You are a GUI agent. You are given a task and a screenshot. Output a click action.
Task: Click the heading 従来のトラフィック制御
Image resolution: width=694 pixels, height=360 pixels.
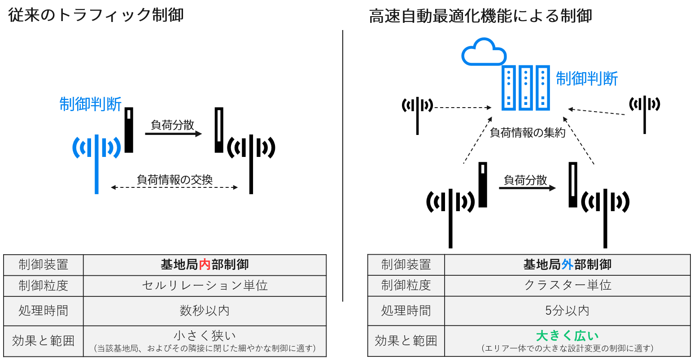tap(96, 15)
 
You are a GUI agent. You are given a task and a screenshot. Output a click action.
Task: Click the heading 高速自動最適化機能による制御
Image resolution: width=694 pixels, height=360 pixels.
tap(480, 16)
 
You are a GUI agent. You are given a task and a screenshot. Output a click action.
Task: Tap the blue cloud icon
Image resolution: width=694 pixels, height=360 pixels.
tap(484, 52)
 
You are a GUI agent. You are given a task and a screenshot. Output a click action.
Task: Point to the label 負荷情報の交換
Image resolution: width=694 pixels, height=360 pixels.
tap(175, 180)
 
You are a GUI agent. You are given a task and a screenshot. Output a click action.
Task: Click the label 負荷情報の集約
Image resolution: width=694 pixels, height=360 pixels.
tap(527, 133)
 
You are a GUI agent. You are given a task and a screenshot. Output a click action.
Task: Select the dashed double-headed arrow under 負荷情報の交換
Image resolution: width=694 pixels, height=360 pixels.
tap(175, 187)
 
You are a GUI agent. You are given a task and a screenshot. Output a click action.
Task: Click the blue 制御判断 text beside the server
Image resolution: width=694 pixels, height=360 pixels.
tap(587, 79)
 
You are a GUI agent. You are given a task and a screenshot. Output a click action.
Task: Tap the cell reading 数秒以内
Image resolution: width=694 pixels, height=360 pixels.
tap(205, 311)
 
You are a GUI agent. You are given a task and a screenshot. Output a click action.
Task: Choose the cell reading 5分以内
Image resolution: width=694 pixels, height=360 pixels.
tap(567, 311)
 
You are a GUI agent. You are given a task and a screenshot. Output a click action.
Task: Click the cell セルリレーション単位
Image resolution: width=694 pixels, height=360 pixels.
tap(205, 286)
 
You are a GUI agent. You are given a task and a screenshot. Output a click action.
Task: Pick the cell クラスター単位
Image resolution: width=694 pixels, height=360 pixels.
tap(567, 286)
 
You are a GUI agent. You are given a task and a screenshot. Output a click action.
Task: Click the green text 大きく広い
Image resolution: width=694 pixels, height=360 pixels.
tap(567, 336)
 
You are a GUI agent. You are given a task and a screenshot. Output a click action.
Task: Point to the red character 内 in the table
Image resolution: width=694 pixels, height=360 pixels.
tap(205, 265)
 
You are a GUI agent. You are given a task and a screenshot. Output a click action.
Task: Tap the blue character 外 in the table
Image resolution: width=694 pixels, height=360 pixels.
tap(567, 265)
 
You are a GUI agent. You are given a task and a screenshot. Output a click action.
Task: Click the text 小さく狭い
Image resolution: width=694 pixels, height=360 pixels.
tap(205, 336)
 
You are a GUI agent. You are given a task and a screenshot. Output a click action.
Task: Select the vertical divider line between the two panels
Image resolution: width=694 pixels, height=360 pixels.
tap(343, 166)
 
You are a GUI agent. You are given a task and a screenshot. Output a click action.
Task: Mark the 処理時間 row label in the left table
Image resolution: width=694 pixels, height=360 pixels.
tap(43, 311)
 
